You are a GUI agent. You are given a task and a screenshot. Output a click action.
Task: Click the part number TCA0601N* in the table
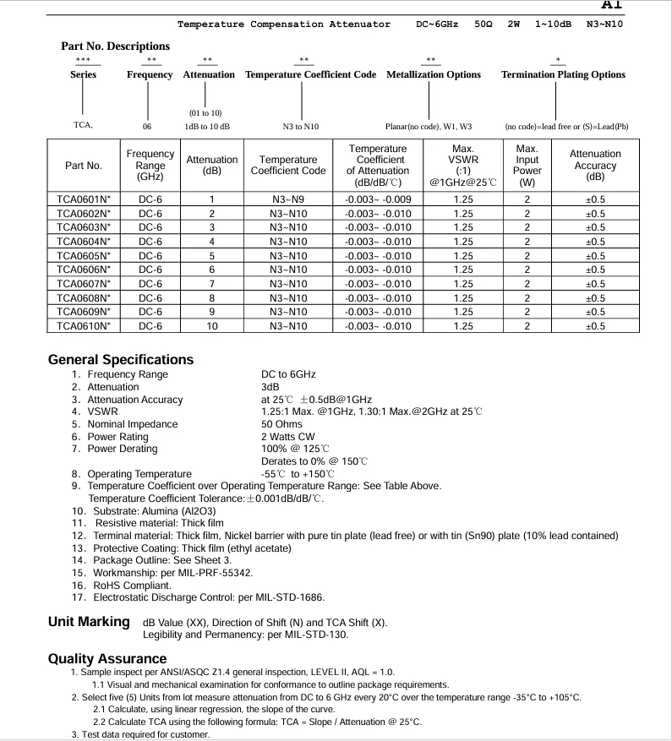84,199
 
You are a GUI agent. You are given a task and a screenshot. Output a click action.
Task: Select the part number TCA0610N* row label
84,326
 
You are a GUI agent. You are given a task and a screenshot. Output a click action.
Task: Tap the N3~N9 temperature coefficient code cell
288,199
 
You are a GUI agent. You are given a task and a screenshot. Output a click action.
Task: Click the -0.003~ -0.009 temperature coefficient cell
378,199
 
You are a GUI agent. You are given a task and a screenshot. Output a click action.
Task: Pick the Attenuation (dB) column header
212,165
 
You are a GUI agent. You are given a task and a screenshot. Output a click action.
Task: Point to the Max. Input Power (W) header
527,165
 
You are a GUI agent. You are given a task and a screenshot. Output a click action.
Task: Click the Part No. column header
84,166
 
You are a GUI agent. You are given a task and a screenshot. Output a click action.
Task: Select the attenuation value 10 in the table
212,326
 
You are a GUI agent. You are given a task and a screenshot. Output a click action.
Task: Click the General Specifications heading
121,359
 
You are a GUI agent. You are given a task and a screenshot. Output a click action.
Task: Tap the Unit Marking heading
89,622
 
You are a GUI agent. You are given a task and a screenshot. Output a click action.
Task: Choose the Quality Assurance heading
107,658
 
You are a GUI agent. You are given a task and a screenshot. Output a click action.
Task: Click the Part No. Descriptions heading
115,46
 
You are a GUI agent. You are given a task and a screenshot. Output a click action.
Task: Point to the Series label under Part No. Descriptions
83,74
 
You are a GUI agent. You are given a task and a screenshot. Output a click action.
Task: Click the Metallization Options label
434,74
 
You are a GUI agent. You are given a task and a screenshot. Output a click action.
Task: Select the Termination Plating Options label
563,74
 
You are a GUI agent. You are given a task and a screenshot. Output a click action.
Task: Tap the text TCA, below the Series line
83,127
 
